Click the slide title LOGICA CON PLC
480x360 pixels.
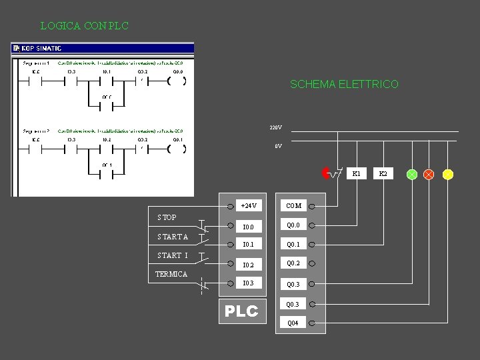tap(84, 26)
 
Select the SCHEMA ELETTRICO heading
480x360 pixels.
tap(344, 85)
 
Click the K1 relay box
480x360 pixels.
tap(357, 174)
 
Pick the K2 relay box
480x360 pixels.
tap(383, 174)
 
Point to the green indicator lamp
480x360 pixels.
tap(412, 175)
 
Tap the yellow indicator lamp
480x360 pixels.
tap(448, 175)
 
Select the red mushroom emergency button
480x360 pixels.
tap(326, 173)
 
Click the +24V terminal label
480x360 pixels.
tap(249, 205)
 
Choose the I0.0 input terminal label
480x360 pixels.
tap(247, 227)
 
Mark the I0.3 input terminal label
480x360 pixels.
tap(247, 283)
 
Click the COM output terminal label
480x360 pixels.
tap(293, 206)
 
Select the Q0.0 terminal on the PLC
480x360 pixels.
tap(293, 225)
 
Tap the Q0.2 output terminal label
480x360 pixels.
tap(293, 263)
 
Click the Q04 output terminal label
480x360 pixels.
tap(293, 323)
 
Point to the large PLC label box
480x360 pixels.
tap(241, 311)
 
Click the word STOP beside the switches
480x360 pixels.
tap(167, 217)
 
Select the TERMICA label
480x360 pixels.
tap(171, 274)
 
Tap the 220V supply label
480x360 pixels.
tap(275, 127)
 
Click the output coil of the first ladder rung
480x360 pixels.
tap(177, 82)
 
